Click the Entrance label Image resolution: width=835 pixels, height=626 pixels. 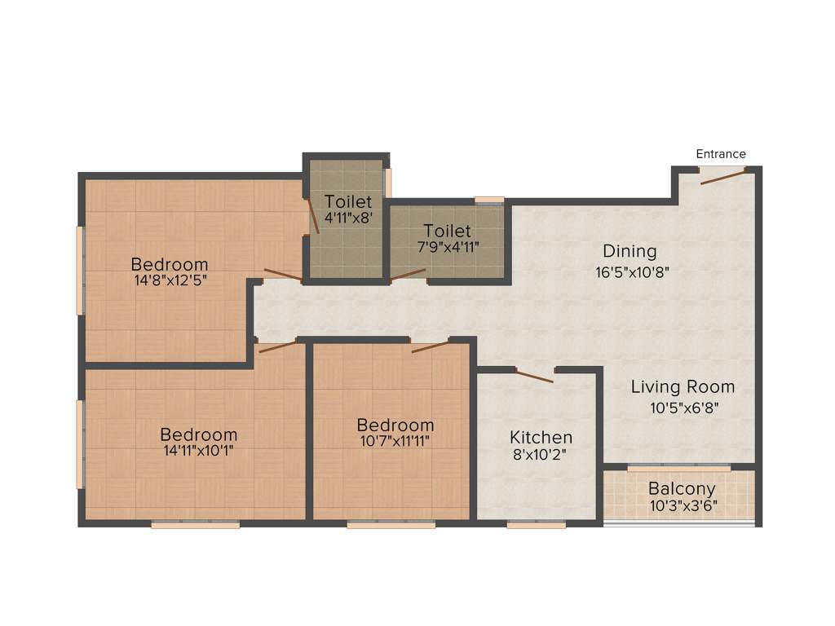pyautogui.click(x=721, y=154)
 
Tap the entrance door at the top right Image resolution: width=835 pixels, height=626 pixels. pyautogui.click(x=722, y=177)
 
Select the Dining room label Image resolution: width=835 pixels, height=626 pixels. pyautogui.click(x=630, y=251)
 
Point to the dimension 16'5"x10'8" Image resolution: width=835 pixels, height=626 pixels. pyautogui.click(x=633, y=271)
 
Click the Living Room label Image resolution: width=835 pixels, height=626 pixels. pyautogui.click(x=683, y=387)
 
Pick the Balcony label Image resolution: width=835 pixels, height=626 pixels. pyautogui.click(x=682, y=489)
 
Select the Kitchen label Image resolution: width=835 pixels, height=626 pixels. pyautogui.click(x=541, y=438)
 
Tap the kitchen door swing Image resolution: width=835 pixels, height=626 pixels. pyautogui.click(x=535, y=376)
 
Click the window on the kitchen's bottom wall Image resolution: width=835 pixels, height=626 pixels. pyautogui.click(x=536, y=525)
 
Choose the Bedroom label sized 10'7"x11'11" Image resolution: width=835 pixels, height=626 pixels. pyautogui.click(x=395, y=425)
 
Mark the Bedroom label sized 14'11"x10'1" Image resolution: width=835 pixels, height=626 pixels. pyautogui.click(x=199, y=434)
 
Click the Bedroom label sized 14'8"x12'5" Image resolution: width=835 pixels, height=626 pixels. pyautogui.click(x=170, y=265)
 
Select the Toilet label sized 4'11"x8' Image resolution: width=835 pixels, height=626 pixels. pyautogui.click(x=348, y=201)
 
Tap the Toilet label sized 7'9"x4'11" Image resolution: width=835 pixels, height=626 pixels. pyautogui.click(x=448, y=231)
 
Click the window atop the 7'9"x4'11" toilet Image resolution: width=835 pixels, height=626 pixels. pyautogui.click(x=489, y=199)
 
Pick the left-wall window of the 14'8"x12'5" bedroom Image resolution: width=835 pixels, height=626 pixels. pyautogui.click(x=80, y=270)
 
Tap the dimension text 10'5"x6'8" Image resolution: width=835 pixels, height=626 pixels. pyautogui.click(x=684, y=407)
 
